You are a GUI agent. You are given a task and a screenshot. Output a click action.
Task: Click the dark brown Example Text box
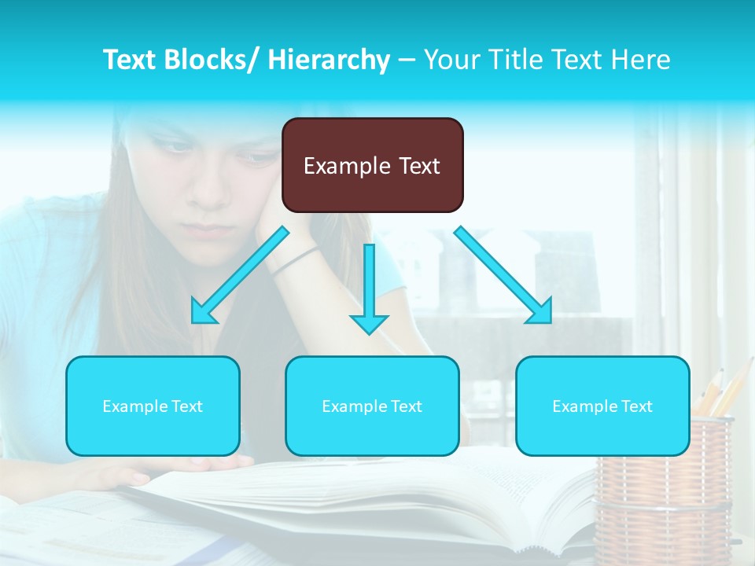[372, 165]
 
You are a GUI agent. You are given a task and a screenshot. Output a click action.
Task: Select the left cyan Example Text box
[153, 406]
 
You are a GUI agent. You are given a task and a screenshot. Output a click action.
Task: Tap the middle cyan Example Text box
[372, 406]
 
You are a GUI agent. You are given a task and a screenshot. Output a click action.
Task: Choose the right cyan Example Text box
[602, 406]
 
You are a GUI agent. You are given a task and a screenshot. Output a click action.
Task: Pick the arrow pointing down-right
[503, 275]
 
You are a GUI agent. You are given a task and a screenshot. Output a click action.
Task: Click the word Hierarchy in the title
[329, 60]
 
